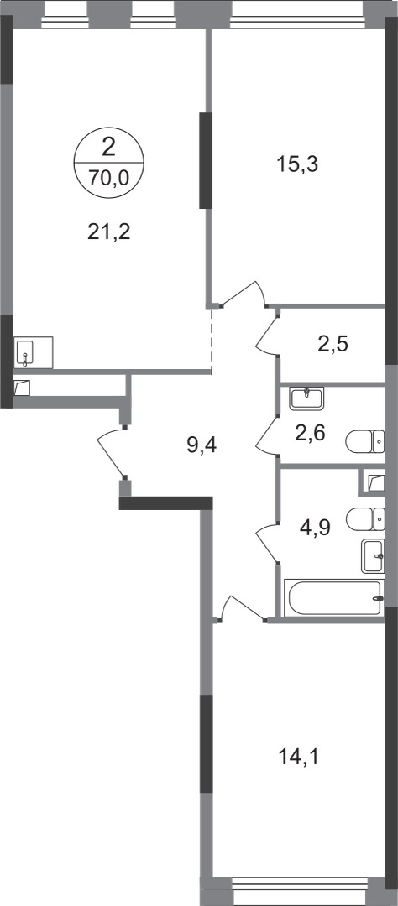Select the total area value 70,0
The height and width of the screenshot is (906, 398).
(109, 176)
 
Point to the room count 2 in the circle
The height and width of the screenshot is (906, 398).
(109, 148)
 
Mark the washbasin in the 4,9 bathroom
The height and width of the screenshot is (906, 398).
(373, 555)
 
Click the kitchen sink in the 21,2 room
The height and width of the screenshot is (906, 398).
(34, 351)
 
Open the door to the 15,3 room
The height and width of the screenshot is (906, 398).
(244, 295)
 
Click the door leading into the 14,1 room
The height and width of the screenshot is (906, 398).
(239, 606)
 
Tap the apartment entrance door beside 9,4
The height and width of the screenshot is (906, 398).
(111, 454)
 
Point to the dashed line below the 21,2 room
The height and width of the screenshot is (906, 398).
(212, 340)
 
